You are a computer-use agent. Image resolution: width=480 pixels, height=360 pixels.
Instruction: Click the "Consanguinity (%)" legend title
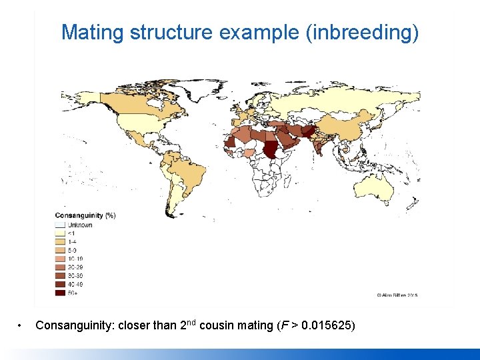(x=85, y=215)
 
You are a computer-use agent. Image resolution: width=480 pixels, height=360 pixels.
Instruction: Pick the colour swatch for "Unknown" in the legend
(x=60, y=225)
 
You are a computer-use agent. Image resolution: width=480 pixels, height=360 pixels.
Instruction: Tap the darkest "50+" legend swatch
(x=60, y=292)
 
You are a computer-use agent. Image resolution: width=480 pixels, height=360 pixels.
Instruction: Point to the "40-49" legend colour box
(x=60, y=283)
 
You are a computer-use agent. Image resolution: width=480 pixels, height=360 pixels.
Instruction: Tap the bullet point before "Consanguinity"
(x=21, y=326)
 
